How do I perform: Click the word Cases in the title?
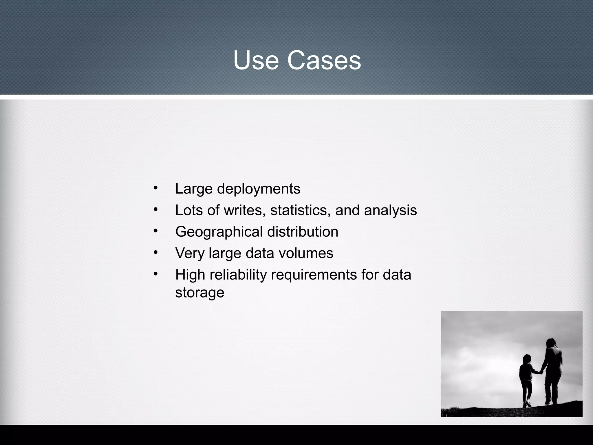coord(324,61)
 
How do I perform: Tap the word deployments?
coord(259,189)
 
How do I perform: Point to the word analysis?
coord(390,210)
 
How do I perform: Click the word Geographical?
coord(219,232)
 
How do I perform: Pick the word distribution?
coord(303,232)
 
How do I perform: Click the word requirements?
coord(314,275)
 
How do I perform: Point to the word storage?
coord(200,293)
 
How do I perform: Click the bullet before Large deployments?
coord(156,188)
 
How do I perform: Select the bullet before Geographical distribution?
coord(156,231)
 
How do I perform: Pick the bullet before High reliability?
coord(156,274)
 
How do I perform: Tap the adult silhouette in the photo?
coord(552,371)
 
